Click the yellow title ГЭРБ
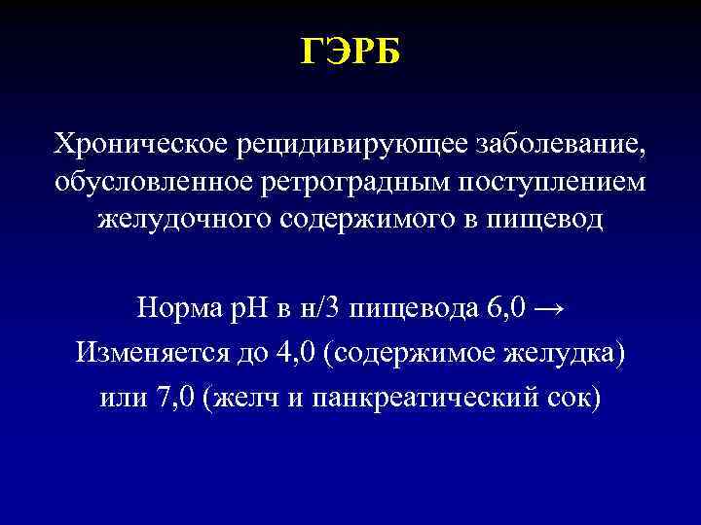click(x=350, y=52)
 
